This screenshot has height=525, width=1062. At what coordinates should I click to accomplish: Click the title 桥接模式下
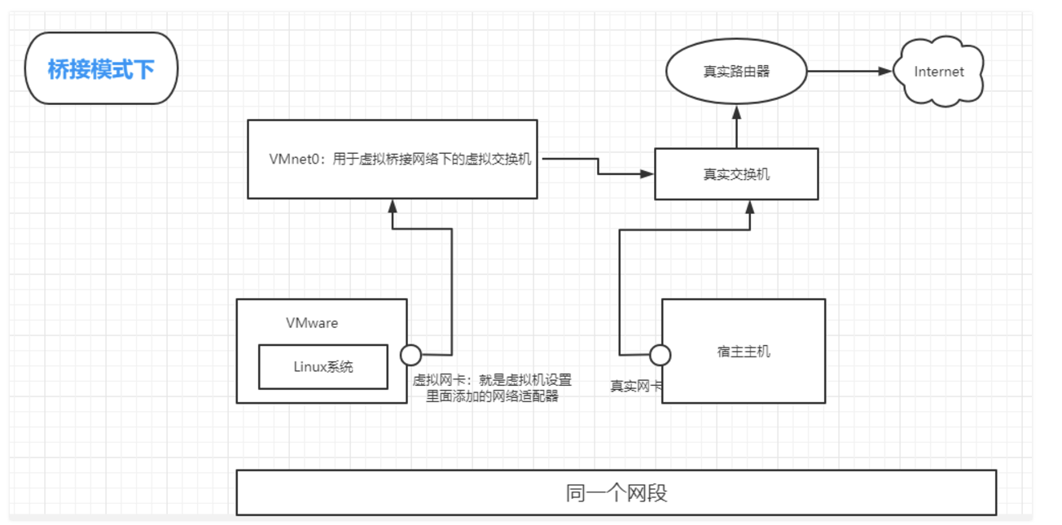tap(101, 69)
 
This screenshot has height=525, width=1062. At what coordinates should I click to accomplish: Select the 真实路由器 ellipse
tap(736, 72)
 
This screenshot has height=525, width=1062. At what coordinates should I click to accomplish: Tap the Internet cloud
tap(938, 72)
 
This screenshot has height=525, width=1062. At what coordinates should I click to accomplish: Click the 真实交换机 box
tap(736, 174)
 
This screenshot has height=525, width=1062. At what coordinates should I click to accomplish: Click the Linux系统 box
tap(323, 366)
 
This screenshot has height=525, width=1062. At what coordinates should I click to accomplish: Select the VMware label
tap(312, 323)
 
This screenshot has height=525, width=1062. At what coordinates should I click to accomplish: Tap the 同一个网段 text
tap(617, 493)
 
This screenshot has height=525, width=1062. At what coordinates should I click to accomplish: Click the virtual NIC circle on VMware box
tap(411, 355)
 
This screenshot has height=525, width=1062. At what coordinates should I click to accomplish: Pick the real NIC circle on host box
tap(660, 355)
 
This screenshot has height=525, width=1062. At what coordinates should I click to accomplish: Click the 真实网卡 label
tap(634, 386)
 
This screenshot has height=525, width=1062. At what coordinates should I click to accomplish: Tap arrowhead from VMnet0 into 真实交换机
tap(648, 173)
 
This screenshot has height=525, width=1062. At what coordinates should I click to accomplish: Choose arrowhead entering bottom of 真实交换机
tap(749, 207)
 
